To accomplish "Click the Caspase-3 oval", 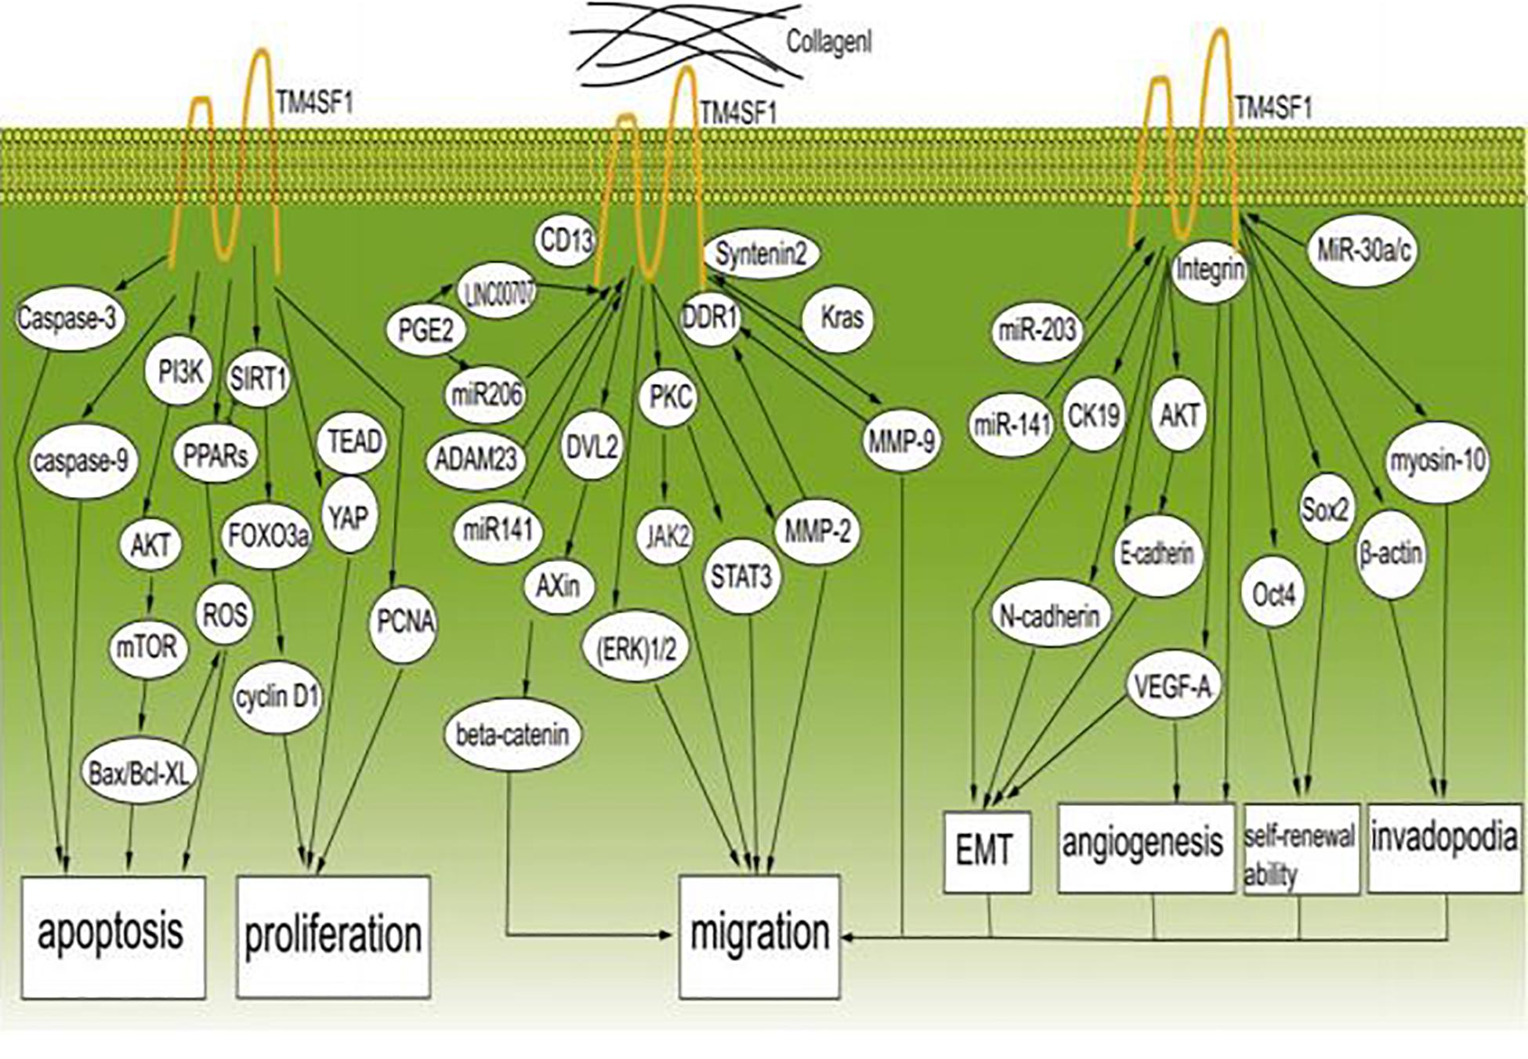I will tap(69, 318).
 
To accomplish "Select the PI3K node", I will tap(179, 372).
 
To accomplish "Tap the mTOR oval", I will tap(147, 647).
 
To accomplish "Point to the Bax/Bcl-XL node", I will tap(139, 774).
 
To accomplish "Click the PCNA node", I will tap(404, 622).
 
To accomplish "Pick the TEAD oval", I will tap(353, 442).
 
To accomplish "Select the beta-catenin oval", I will tap(512, 735).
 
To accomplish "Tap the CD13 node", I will tap(566, 241).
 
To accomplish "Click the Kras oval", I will tap(841, 317).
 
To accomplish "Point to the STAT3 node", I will tap(740, 578).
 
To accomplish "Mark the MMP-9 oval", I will tap(901, 442).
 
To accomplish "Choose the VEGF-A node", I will tap(1172, 687).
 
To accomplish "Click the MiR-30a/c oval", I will tap(1363, 251).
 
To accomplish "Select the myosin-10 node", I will tap(1437, 461).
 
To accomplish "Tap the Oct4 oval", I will tap(1273, 595).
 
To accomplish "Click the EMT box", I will tap(986, 852).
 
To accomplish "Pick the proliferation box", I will tap(333, 936).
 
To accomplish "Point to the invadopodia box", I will tap(1443, 847).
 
